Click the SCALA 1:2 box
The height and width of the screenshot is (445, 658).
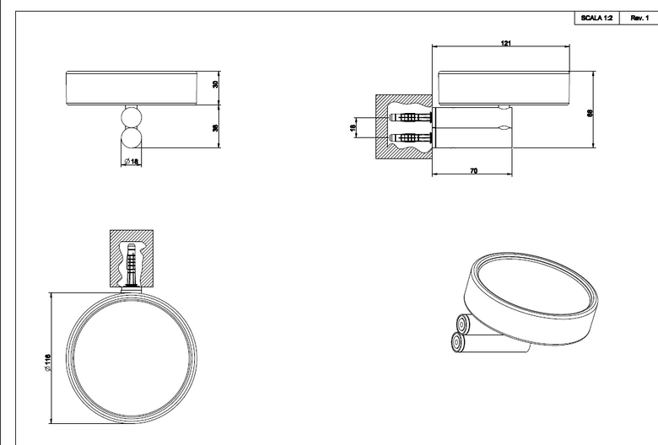pyautogui.click(x=596, y=18)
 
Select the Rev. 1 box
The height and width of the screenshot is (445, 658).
pyautogui.click(x=639, y=18)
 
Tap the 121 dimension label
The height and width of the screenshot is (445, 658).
pyautogui.click(x=506, y=43)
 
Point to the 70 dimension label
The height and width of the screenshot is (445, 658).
pyautogui.click(x=473, y=171)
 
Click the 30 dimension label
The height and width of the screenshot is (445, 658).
pyautogui.click(x=215, y=84)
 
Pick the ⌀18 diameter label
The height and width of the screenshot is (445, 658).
pyautogui.click(x=132, y=161)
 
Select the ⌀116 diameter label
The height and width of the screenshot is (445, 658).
pyautogui.click(x=47, y=362)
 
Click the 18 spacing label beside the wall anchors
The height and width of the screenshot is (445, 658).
pyautogui.click(x=353, y=127)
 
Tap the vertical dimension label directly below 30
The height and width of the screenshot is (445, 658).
pyautogui.click(x=215, y=127)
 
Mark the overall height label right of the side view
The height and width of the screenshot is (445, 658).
pyautogui.click(x=590, y=112)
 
